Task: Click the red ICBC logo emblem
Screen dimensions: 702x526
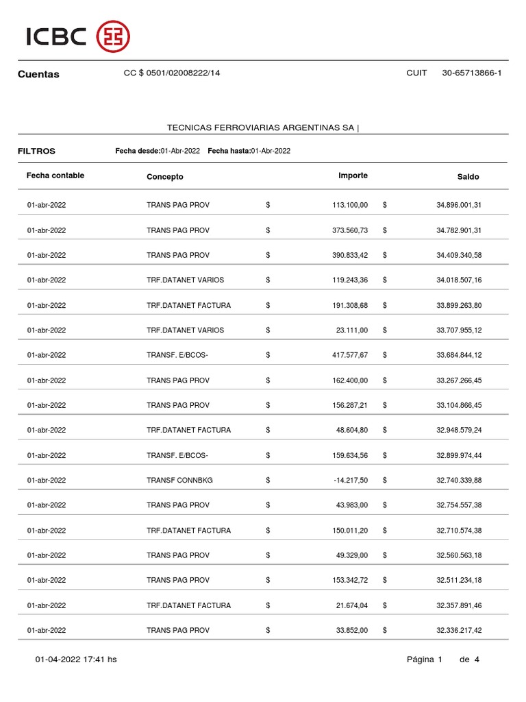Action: pyautogui.click(x=113, y=36)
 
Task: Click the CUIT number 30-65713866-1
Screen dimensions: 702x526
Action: pyautogui.click(x=472, y=73)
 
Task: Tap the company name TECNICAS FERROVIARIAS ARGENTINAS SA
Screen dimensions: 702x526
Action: pyautogui.click(x=261, y=128)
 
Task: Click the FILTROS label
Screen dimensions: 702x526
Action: pyautogui.click(x=36, y=151)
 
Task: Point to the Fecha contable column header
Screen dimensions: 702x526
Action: pyautogui.click(x=55, y=175)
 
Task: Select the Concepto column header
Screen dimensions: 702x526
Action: pyautogui.click(x=165, y=177)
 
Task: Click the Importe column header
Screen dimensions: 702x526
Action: pyautogui.click(x=353, y=175)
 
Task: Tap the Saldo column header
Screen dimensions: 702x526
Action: pyautogui.click(x=468, y=177)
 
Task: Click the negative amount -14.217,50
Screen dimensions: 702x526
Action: pyautogui.click(x=350, y=481)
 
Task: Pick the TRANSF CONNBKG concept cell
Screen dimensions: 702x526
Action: pyautogui.click(x=179, y=481)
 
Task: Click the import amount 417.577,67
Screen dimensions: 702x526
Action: pyautogui.click(x=350, y=355)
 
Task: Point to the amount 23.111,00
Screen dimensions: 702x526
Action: pyautogui.click(x=353, y=330)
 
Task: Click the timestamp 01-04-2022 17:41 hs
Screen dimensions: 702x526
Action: pyautogui.click(x=76, y=659)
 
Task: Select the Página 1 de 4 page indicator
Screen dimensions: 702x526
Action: pyautogui.click(x=442, y=659)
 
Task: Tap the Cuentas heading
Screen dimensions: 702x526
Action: pyautogui.click(x=38, y=74)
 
